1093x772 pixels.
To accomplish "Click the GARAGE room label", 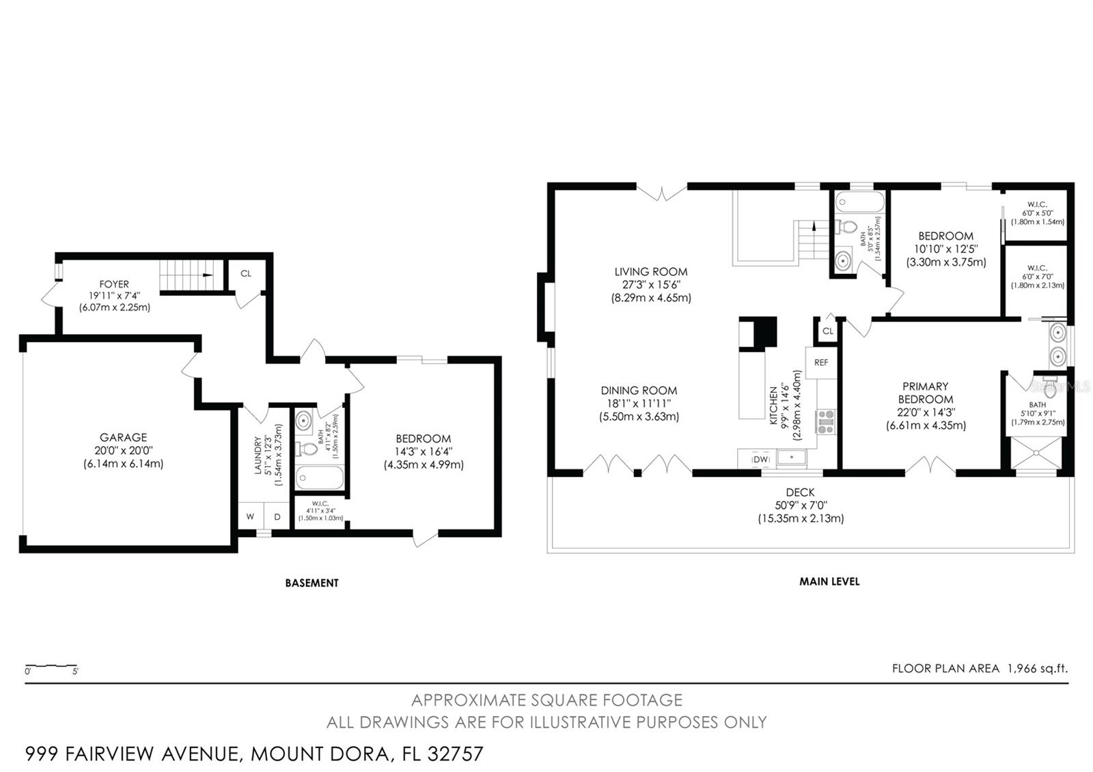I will click(x=123, y=437).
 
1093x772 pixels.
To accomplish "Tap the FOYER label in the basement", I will click(x=114, y=284).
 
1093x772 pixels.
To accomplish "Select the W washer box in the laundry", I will click(x=250, y=516).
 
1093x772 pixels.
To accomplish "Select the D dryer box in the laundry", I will click(x=277, y=516).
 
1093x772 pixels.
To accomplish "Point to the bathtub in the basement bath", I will click(x=320, y=478).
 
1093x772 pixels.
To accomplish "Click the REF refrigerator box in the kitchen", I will click(x=821, y=363).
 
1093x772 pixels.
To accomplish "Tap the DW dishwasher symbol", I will click(x=760, y=459).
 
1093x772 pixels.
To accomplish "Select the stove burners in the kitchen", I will click(x=826, y=422).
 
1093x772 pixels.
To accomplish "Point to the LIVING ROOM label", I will click(x=650, y=272).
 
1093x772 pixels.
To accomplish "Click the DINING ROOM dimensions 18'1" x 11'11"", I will click(x=639, y=404).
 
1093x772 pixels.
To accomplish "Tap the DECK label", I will click(x=800, y=493).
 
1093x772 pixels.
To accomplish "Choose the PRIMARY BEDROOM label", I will click(x=926, y=393).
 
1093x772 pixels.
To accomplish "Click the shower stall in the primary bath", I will click(x=1036, y=454).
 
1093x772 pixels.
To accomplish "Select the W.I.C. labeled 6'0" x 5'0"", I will click(x=1037, y=213).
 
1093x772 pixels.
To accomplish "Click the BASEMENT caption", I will click(x=312, y=583).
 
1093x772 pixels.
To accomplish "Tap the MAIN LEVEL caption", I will click(x=829, y=581).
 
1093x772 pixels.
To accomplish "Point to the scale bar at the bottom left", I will click(x=51, y=666).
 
